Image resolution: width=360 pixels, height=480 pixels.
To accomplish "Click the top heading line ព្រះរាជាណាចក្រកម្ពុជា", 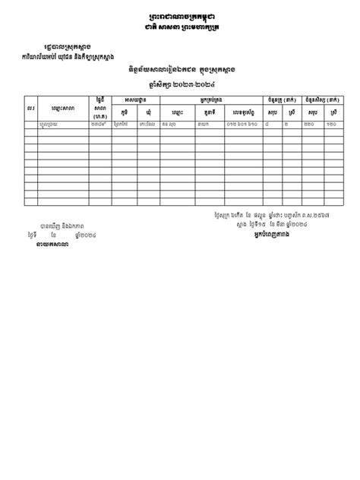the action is [x=179, y=17].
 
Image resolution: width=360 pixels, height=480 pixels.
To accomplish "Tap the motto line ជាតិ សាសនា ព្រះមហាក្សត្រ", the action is [x=179, y=29].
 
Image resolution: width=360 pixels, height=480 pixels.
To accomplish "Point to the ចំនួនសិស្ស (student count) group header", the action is [x=322, y=100].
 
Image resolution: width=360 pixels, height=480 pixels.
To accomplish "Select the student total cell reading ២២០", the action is [x=311, y=124].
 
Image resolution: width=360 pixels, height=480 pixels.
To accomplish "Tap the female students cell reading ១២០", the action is [x=333, y=124].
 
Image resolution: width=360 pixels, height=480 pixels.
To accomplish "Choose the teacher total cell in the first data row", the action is [x=270, y=124].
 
